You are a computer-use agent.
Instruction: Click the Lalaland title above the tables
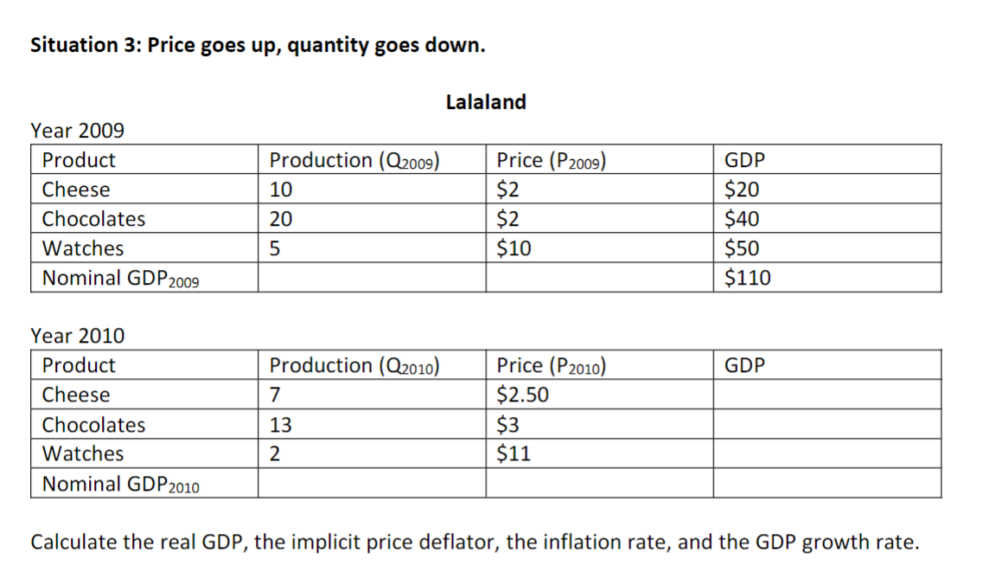coord(485,102)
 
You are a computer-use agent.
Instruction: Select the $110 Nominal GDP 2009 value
coord(747,278)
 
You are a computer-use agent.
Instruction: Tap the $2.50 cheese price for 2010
coord(523,395)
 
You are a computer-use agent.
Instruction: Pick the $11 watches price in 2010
coord(514,453)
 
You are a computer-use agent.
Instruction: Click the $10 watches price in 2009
coord(514,248)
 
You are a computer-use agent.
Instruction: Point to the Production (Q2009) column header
coord(355,160)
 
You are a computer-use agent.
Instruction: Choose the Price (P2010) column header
coord(551,366)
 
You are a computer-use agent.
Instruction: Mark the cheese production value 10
coord(281,190)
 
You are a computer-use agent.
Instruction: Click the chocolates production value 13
coord(281,425)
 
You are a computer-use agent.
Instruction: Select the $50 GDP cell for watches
coord(742,248)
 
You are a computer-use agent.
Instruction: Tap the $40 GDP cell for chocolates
coord(742,219)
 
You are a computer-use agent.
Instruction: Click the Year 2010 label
coord(77,335)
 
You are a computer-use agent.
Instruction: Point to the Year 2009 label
coord(77,131)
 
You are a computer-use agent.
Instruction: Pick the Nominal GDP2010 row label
coord(120,485)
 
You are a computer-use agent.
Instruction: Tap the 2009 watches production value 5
coord(275,248)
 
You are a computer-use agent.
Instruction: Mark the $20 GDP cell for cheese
coord(742,190)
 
